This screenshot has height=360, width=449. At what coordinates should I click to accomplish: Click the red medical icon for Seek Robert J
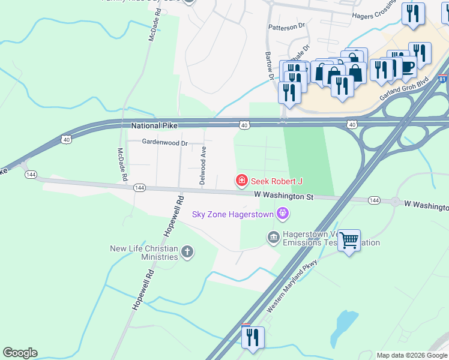241,180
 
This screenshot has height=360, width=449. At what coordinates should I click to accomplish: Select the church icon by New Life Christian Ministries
187,251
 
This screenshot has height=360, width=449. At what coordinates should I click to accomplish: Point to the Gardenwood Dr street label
164,143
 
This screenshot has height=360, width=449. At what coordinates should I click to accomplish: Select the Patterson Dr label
287,27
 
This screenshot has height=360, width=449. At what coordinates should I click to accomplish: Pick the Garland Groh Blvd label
403,89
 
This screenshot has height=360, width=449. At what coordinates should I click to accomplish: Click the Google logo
20,353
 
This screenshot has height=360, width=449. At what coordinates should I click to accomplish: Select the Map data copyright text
412,355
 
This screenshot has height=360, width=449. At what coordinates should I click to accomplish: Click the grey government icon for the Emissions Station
274,238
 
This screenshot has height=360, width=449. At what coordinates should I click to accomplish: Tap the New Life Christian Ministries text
144,253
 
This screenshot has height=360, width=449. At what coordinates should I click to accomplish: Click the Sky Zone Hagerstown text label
232,214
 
